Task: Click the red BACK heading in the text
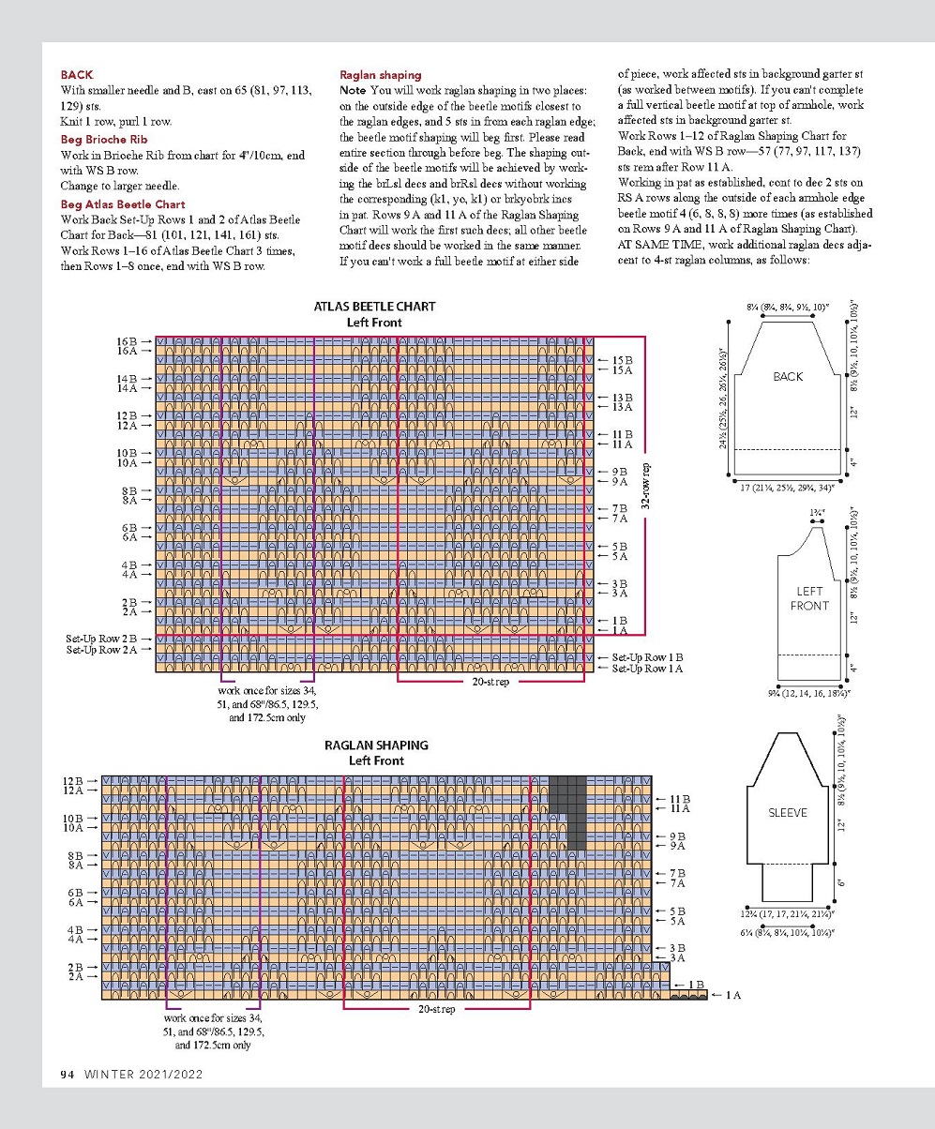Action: point(76,74)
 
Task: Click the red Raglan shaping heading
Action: point(380,75)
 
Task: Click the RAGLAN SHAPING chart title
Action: point(376,745)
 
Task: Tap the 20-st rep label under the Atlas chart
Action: point(490,682)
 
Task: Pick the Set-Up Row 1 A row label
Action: point(647,669)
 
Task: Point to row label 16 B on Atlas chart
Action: point(126,341)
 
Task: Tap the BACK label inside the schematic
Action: point(788,376)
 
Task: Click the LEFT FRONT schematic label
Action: point(809,598)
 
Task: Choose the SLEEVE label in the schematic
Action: point(788,812)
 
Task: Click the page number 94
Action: point(68,1074)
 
